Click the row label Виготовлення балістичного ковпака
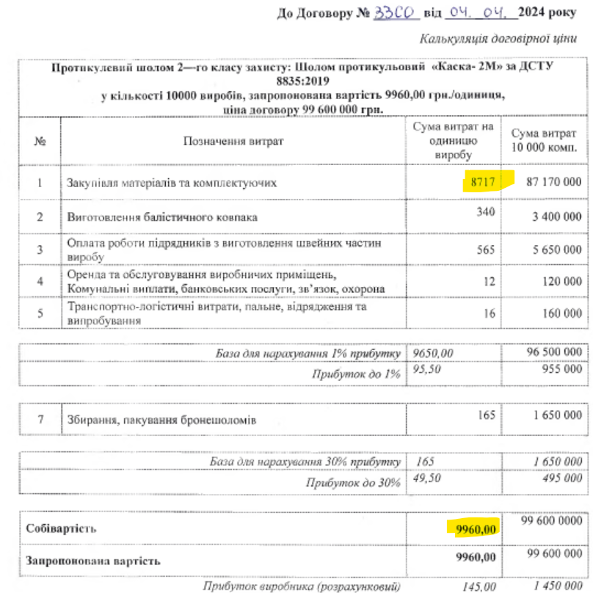click(162, 217)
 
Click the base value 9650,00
click(434, 353)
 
